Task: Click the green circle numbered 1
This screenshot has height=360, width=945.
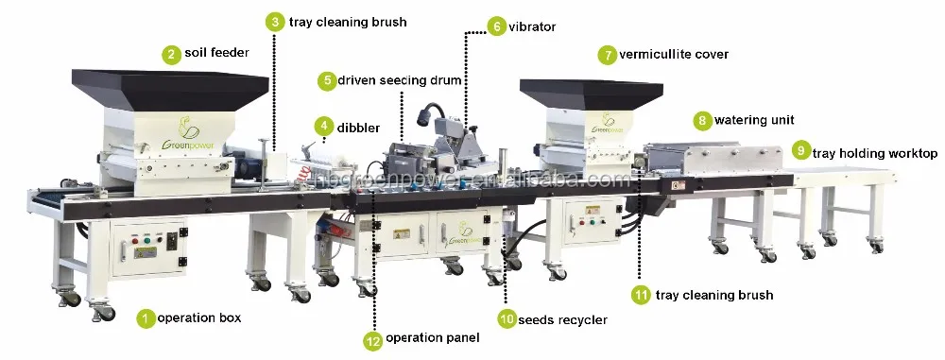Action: [146, 318]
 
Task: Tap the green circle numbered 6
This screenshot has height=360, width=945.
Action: [497, 27]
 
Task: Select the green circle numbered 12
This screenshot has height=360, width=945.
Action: [375, 338]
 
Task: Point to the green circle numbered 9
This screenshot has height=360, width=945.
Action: [800, 151]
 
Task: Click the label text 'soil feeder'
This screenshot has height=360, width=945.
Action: [216, 54]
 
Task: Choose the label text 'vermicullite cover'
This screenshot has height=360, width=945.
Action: [674, 54]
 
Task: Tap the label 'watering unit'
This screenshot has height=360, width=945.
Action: [753, 120]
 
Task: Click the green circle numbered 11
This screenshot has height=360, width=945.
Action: [642, 295]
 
